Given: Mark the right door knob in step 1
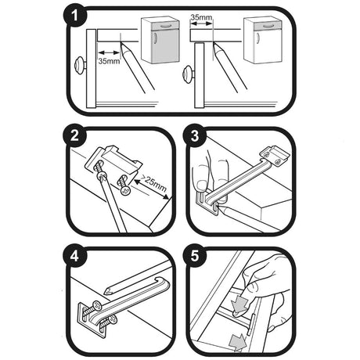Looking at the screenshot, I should [x=188, y=74].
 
